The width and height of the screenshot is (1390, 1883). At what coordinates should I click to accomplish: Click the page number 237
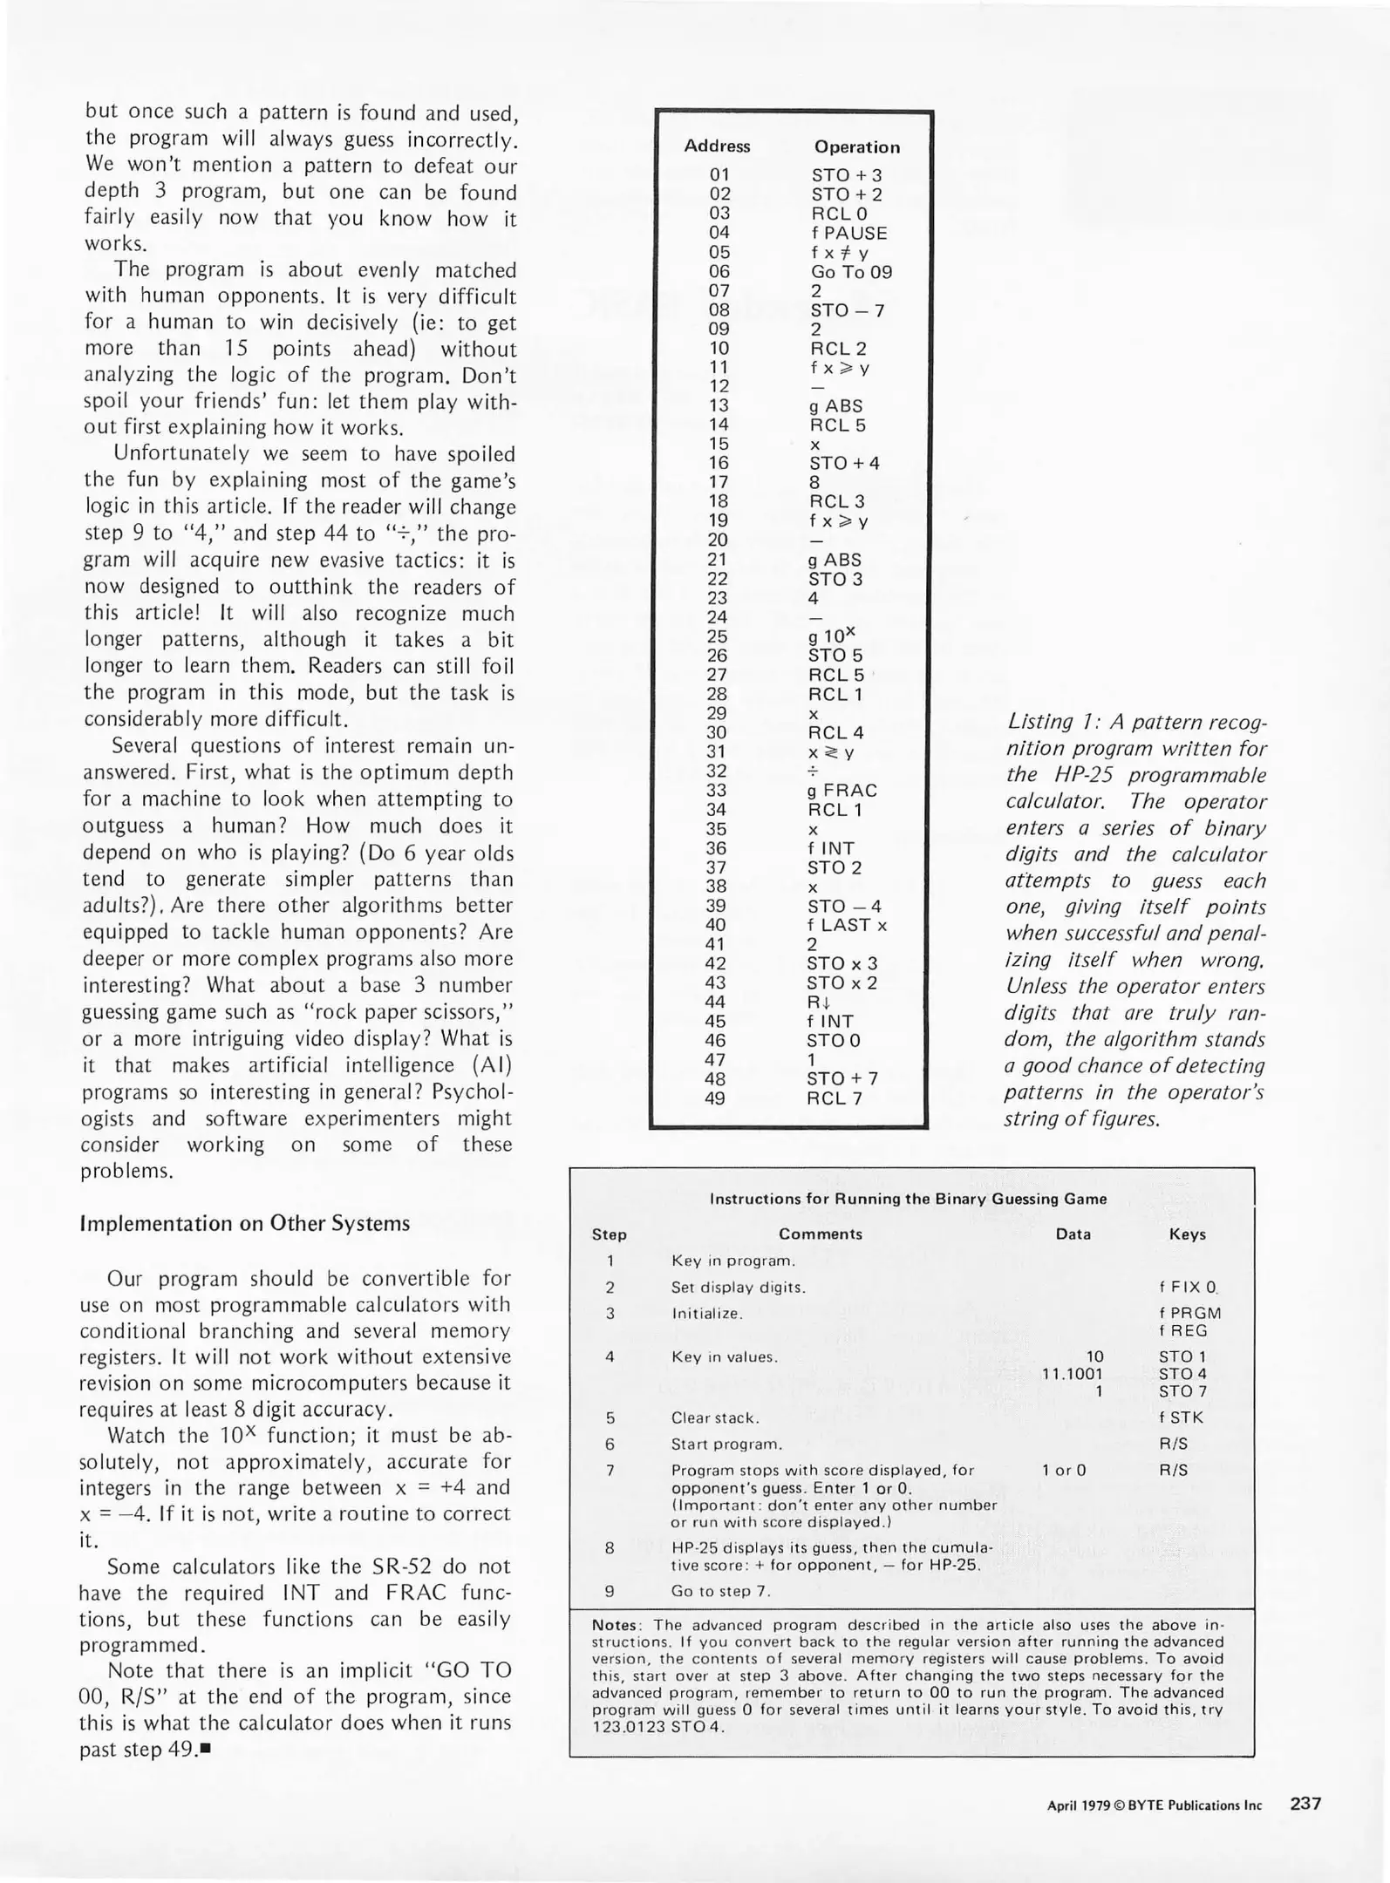1305,1804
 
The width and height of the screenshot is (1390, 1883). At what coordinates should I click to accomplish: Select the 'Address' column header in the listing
717,146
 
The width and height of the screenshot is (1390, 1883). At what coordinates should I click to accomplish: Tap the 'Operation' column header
856,147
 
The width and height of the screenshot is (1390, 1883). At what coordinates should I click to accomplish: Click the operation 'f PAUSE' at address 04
848,234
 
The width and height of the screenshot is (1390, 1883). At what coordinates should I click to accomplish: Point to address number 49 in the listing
715,1098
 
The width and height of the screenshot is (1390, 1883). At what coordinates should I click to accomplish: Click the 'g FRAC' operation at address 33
842,791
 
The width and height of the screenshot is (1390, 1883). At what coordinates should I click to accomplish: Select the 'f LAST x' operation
847,925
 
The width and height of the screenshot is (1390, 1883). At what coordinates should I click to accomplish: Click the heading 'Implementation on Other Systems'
244,1223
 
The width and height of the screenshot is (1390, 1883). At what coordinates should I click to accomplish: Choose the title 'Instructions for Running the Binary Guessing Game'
908,1199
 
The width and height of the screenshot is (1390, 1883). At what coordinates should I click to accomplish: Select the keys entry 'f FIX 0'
1187,1287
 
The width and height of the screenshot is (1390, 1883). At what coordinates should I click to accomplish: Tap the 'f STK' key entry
1181,1417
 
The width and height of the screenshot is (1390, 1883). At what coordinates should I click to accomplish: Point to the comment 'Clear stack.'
715,1417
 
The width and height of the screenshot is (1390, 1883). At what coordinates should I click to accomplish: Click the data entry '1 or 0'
1064,1470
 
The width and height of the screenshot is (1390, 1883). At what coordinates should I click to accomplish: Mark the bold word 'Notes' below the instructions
615,1625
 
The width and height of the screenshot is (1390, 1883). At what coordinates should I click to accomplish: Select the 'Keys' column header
1187,1234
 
